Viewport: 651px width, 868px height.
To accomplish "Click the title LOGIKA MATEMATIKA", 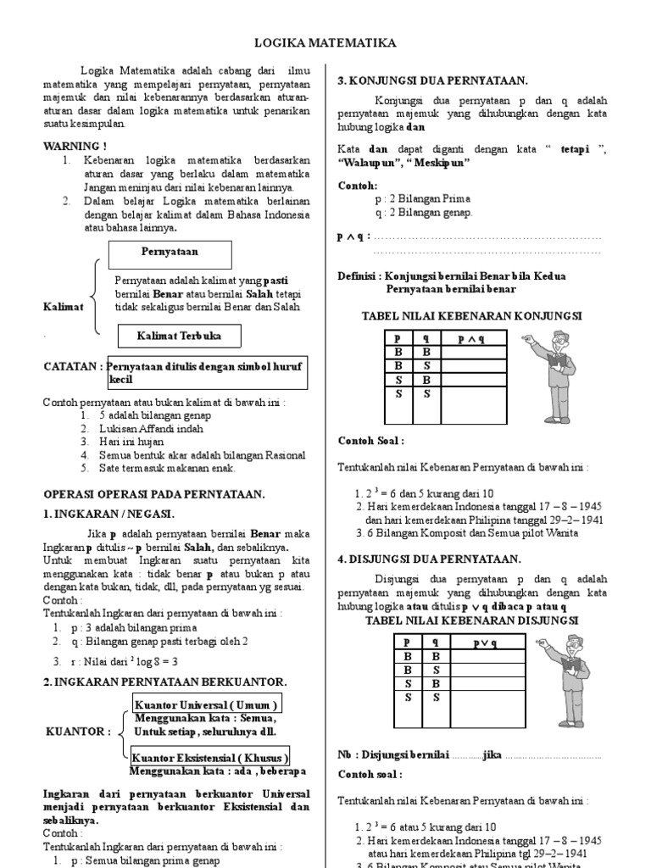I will [x=325, y=43].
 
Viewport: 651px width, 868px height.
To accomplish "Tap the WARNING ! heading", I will [x=75, y=146].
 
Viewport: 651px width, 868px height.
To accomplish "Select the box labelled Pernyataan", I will [x=170, y=252].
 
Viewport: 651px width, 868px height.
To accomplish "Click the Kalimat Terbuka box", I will [x=179, y=337].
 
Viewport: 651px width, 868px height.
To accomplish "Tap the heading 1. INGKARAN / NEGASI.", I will [x=108, y=514].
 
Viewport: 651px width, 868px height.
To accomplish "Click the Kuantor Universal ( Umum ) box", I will [x=207, y=705].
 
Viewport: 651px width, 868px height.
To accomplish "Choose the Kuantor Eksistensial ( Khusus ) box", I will [x=210, y=757].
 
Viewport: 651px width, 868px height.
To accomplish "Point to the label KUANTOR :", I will [x=77, y=732].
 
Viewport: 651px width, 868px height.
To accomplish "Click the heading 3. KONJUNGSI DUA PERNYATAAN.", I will [x=432, y=81].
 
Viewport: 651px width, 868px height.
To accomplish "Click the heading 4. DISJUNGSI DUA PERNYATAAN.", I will [x=430, y=559].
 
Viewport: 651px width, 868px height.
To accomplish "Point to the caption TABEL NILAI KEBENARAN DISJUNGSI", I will [x=471, y=620].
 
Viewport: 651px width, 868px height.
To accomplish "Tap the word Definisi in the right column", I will [x=359, y=275].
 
